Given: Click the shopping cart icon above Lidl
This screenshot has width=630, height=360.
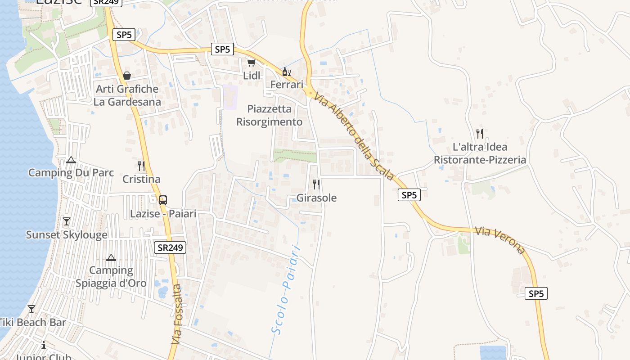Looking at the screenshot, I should [251, 63].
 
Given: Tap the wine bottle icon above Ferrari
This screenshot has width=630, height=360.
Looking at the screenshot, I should [286, 72].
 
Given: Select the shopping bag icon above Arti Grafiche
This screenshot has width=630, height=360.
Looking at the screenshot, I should [127, 76].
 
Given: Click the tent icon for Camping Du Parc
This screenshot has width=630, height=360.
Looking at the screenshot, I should [71, 160].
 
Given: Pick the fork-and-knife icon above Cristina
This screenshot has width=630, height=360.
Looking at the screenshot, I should [141, 166].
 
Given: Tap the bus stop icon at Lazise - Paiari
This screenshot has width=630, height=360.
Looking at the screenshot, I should [163, 200].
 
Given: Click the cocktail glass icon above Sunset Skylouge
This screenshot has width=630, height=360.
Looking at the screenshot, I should [67, 221].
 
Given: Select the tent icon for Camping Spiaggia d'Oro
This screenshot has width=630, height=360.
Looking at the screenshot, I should [111, 258].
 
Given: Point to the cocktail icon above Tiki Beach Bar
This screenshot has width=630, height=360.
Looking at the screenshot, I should [31, 309].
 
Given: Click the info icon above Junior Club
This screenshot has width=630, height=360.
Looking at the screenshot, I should [44, 346].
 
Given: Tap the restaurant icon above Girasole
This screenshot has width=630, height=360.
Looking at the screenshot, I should [316, 184].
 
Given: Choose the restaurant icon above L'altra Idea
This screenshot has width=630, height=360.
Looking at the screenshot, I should [480, 134].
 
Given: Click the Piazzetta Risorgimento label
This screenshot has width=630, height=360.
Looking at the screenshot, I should [270, 115].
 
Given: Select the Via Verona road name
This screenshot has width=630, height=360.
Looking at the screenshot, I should [499, 240].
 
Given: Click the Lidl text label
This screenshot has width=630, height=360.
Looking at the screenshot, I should [252, 76].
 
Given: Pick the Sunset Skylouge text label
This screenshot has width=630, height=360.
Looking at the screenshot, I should [67, 234].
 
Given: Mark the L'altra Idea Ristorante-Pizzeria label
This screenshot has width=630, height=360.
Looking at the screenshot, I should [480, 153].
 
